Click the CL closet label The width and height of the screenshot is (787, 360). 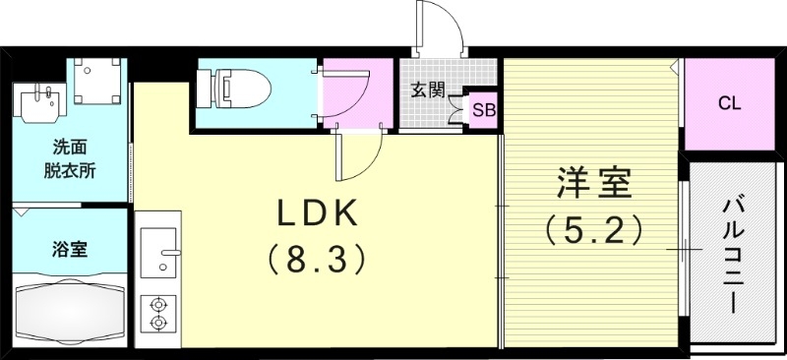coord(729,102)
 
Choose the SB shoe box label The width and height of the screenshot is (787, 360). coord(484,109)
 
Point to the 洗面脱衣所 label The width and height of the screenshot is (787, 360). coord(69,158)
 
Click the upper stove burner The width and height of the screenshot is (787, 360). coord(157,304)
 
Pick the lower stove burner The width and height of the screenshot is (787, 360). coord(157,323)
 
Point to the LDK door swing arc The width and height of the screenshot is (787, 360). coord(364,157)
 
